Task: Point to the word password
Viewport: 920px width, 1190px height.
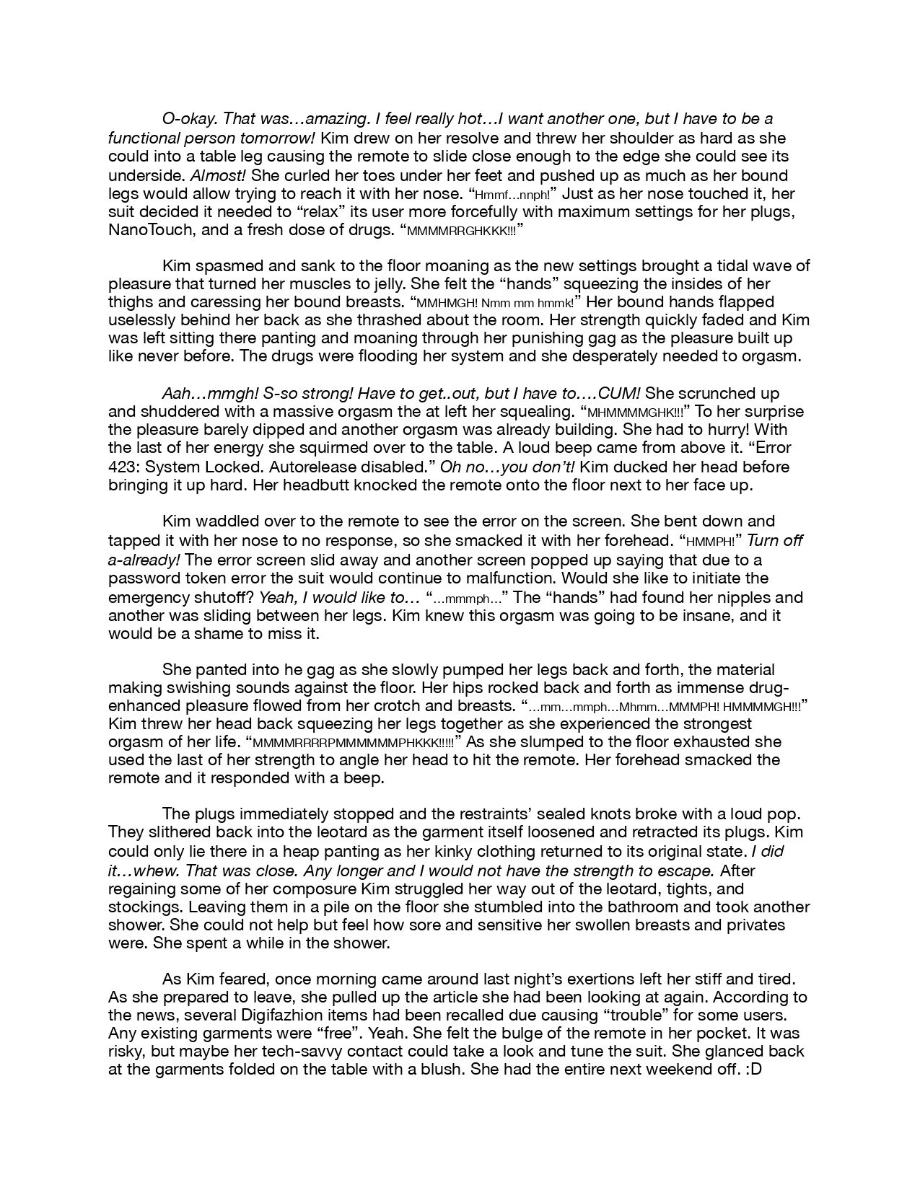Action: (x=139, y=578)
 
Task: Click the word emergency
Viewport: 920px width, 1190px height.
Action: (x=144, y=597)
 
